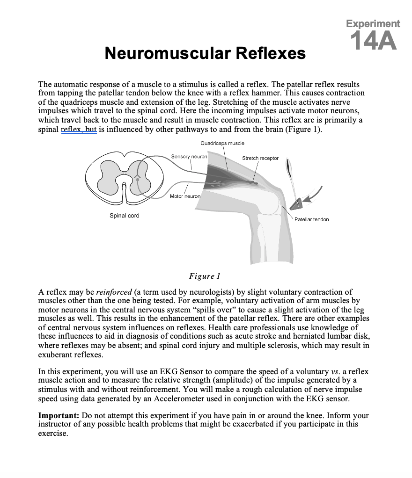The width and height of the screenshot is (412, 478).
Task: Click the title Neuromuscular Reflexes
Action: point(205,53)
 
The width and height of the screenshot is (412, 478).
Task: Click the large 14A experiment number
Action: point(373,41)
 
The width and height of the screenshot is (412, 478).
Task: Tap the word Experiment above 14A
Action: point(373,23)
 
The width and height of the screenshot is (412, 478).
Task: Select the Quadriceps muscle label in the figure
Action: point(222,143)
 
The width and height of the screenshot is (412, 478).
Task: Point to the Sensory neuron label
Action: point(189,156)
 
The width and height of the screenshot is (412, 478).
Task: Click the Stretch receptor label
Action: point(260,158)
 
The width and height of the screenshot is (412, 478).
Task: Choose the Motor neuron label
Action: point(185,196)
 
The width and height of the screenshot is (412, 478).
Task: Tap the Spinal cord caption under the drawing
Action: point(124,216)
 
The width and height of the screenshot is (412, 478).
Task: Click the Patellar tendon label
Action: point(311,219)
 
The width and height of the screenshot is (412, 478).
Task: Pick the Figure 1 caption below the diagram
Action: point(205,276)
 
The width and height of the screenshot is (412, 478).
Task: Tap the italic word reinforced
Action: point(114,292)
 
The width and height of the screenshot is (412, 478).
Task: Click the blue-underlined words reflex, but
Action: point(79,129)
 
